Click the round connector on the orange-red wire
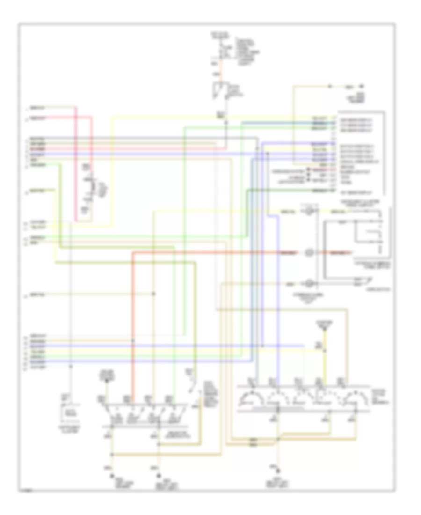309,253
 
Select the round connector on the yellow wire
309,212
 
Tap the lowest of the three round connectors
309,284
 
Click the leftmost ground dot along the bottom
112,476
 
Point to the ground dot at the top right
362,87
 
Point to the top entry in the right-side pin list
356,117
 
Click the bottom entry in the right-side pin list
356,191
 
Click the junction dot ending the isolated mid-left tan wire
154,294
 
